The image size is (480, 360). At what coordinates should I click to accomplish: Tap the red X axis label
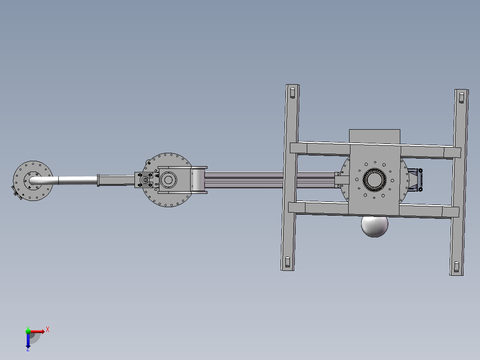pyautogui.click(x=48, y=330)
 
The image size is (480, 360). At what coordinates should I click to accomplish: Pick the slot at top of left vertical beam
pyautogui.click(x=293, y=93)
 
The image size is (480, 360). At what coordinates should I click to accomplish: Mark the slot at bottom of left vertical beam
pyautogui.click(x=288, y=262)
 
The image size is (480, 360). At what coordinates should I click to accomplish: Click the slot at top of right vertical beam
pyautogui.click(x=461, y=98)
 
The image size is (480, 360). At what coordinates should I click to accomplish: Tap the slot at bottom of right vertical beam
pyautogui.click(x=456, y=267)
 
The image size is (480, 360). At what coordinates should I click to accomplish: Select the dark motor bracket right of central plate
pyautogui.click(x=415, y=180)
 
